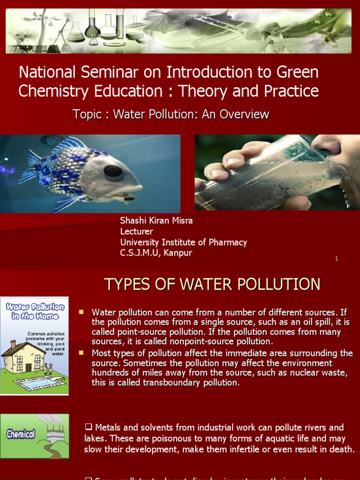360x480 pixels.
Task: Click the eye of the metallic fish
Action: tap(113, 171)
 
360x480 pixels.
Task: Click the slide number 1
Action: tap(337, 259)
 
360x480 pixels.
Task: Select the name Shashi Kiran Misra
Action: tap(156, 220)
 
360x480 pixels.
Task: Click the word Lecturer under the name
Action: tap(136, 231)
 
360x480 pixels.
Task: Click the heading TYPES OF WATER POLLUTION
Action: tap(212, 284)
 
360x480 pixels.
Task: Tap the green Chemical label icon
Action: tap(21, 434)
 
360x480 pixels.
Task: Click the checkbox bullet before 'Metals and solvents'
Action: tap(88, 427)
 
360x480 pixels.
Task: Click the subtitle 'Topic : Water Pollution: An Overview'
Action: tap(171, 114)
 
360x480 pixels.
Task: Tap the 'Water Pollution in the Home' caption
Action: tap(35, 311)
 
